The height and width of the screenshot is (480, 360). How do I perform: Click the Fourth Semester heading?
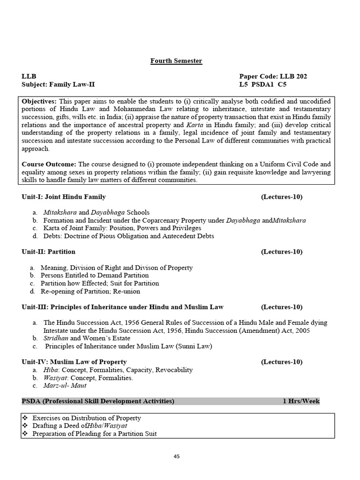(176, 61)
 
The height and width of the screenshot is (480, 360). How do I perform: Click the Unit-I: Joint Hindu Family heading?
(64, 197)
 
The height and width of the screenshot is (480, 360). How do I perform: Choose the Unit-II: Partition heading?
(48, 252)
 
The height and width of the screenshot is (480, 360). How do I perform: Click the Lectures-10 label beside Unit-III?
(282, 307)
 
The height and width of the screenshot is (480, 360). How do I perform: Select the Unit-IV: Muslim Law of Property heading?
(74, 362)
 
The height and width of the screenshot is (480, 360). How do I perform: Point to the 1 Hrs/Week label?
(301, 401)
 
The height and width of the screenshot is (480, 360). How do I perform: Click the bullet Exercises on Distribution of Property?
(87, 418)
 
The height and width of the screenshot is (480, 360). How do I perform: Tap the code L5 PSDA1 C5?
(262, 85)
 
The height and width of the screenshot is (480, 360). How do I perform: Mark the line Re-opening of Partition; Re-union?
(90, 291)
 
